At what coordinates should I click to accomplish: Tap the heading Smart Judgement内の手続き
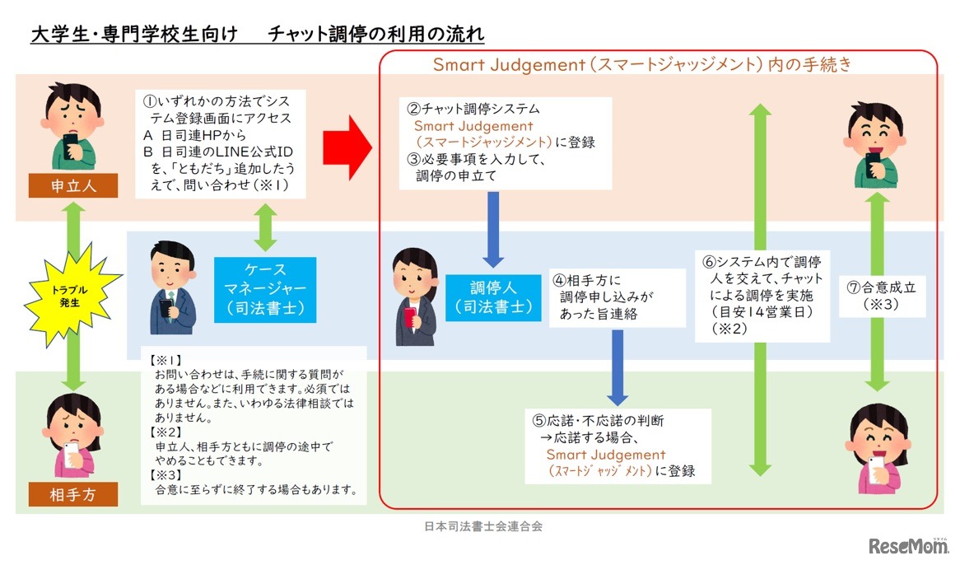642,64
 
